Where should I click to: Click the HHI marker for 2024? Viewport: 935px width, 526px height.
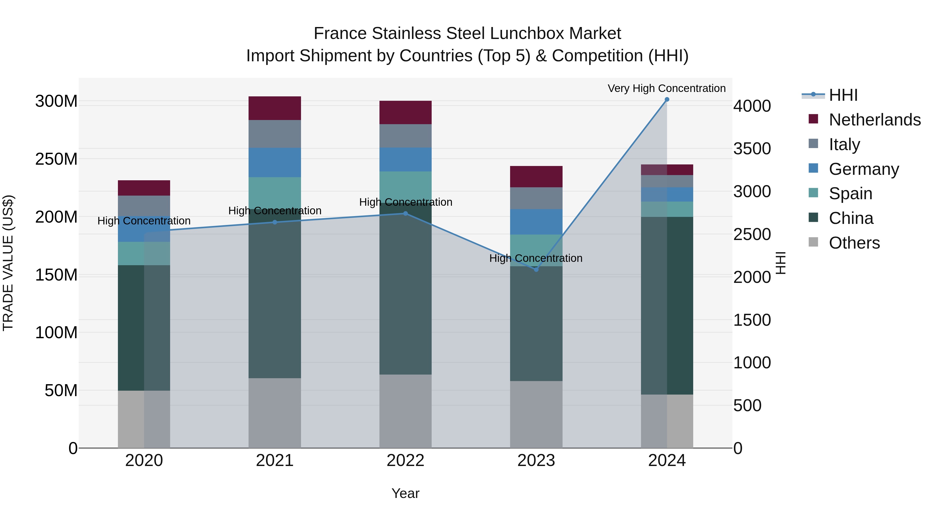coord(667,99)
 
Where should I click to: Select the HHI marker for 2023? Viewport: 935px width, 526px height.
coord(536,269)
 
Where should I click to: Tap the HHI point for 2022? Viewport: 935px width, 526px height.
coord(405,214)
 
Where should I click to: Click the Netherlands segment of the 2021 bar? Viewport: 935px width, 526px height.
coord(275,108)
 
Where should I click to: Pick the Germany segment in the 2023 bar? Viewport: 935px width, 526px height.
coord(536,222)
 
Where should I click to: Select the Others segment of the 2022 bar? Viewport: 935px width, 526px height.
coord(405,411)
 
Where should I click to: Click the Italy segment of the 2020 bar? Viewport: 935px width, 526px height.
coord(144,206)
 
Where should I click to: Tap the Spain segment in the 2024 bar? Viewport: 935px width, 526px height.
coord(667,209)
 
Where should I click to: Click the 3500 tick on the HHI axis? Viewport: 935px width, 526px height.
coord(752,149)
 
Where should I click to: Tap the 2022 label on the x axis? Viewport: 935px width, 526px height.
coord(405,461)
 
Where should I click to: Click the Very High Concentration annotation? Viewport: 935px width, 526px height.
coord(666,88)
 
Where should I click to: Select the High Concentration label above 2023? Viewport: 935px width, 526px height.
coord(536,258)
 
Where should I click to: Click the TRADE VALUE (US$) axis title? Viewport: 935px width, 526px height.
coord(8,263)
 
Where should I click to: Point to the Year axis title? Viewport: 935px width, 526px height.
coord(405,493)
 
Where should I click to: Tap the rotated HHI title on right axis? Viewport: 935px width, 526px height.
coord(781,263)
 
